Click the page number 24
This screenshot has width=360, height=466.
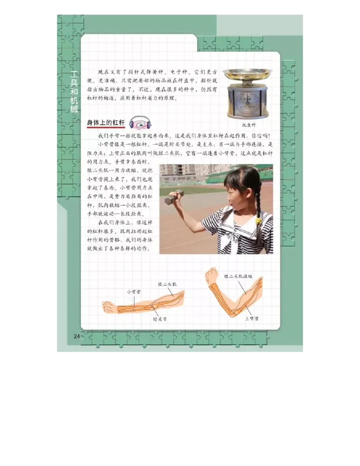tap(76, 336)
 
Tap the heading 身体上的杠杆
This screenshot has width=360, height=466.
tap(106, 122)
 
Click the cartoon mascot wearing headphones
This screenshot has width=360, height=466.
tap(140, 122)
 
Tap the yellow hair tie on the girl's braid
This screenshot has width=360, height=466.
tap(258, 221)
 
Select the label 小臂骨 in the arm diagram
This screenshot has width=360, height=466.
tap(134, 291)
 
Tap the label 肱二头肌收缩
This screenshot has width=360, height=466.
tap(238, 276)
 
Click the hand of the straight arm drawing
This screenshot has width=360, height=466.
tap(109, 308)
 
